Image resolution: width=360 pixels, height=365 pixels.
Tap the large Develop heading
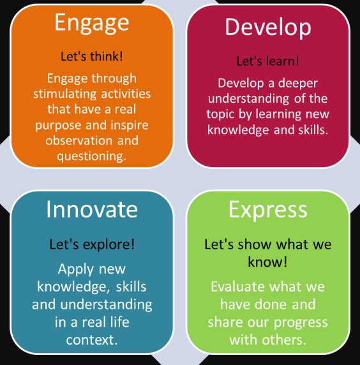(268, 28)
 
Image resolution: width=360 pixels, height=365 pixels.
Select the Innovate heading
(92, 209)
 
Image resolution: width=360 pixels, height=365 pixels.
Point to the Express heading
(268, 211)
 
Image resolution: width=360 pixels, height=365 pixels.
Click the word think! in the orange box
(107, 56)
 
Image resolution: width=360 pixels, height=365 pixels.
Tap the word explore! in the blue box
(109, 245)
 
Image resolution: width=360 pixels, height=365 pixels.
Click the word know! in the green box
(268, 262)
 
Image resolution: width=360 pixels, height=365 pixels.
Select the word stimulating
(64, 94)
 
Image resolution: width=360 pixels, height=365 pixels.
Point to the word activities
(126, 94)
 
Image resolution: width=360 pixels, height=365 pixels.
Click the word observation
(79, 140)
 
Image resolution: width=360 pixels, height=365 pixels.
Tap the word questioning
(92, 156)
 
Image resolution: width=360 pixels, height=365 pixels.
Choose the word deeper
(298, 84)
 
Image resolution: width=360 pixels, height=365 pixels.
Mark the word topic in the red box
(220, 114)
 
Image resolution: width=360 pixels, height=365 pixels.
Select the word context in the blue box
(90, 340)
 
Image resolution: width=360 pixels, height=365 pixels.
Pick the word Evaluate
(237, 287)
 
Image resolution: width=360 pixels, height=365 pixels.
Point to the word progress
(301, 323)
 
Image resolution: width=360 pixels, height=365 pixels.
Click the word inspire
(130, 126)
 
